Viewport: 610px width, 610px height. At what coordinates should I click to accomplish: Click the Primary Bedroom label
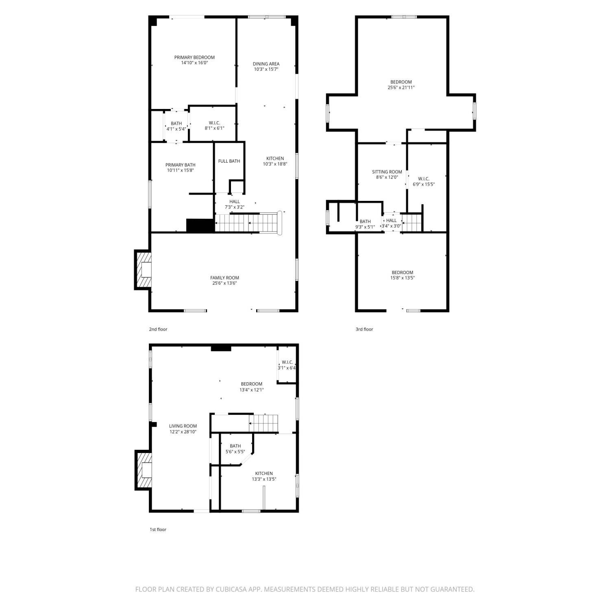194,57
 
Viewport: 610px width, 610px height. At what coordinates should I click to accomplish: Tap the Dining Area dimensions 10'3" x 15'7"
266,70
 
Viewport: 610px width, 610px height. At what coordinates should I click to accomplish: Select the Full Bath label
229,161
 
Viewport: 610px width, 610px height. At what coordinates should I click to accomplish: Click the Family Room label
224,278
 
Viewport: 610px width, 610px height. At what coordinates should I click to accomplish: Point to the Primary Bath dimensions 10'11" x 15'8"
180,170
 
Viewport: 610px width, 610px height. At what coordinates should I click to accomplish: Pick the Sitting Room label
387,172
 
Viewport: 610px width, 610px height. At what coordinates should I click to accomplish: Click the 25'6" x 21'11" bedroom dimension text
401,87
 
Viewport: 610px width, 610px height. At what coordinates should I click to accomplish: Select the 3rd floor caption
364,329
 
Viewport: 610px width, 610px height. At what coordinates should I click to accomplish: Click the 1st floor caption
158,529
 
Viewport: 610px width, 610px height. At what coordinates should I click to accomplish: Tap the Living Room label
183,426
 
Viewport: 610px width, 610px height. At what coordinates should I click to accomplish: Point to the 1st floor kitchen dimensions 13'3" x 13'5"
264,479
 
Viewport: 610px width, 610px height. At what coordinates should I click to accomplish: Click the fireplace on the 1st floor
143,471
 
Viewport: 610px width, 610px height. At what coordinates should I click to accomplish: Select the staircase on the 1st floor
264,423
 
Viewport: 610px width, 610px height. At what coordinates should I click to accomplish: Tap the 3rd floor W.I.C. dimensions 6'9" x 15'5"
424,184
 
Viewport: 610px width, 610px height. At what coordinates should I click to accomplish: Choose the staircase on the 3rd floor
412,223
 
